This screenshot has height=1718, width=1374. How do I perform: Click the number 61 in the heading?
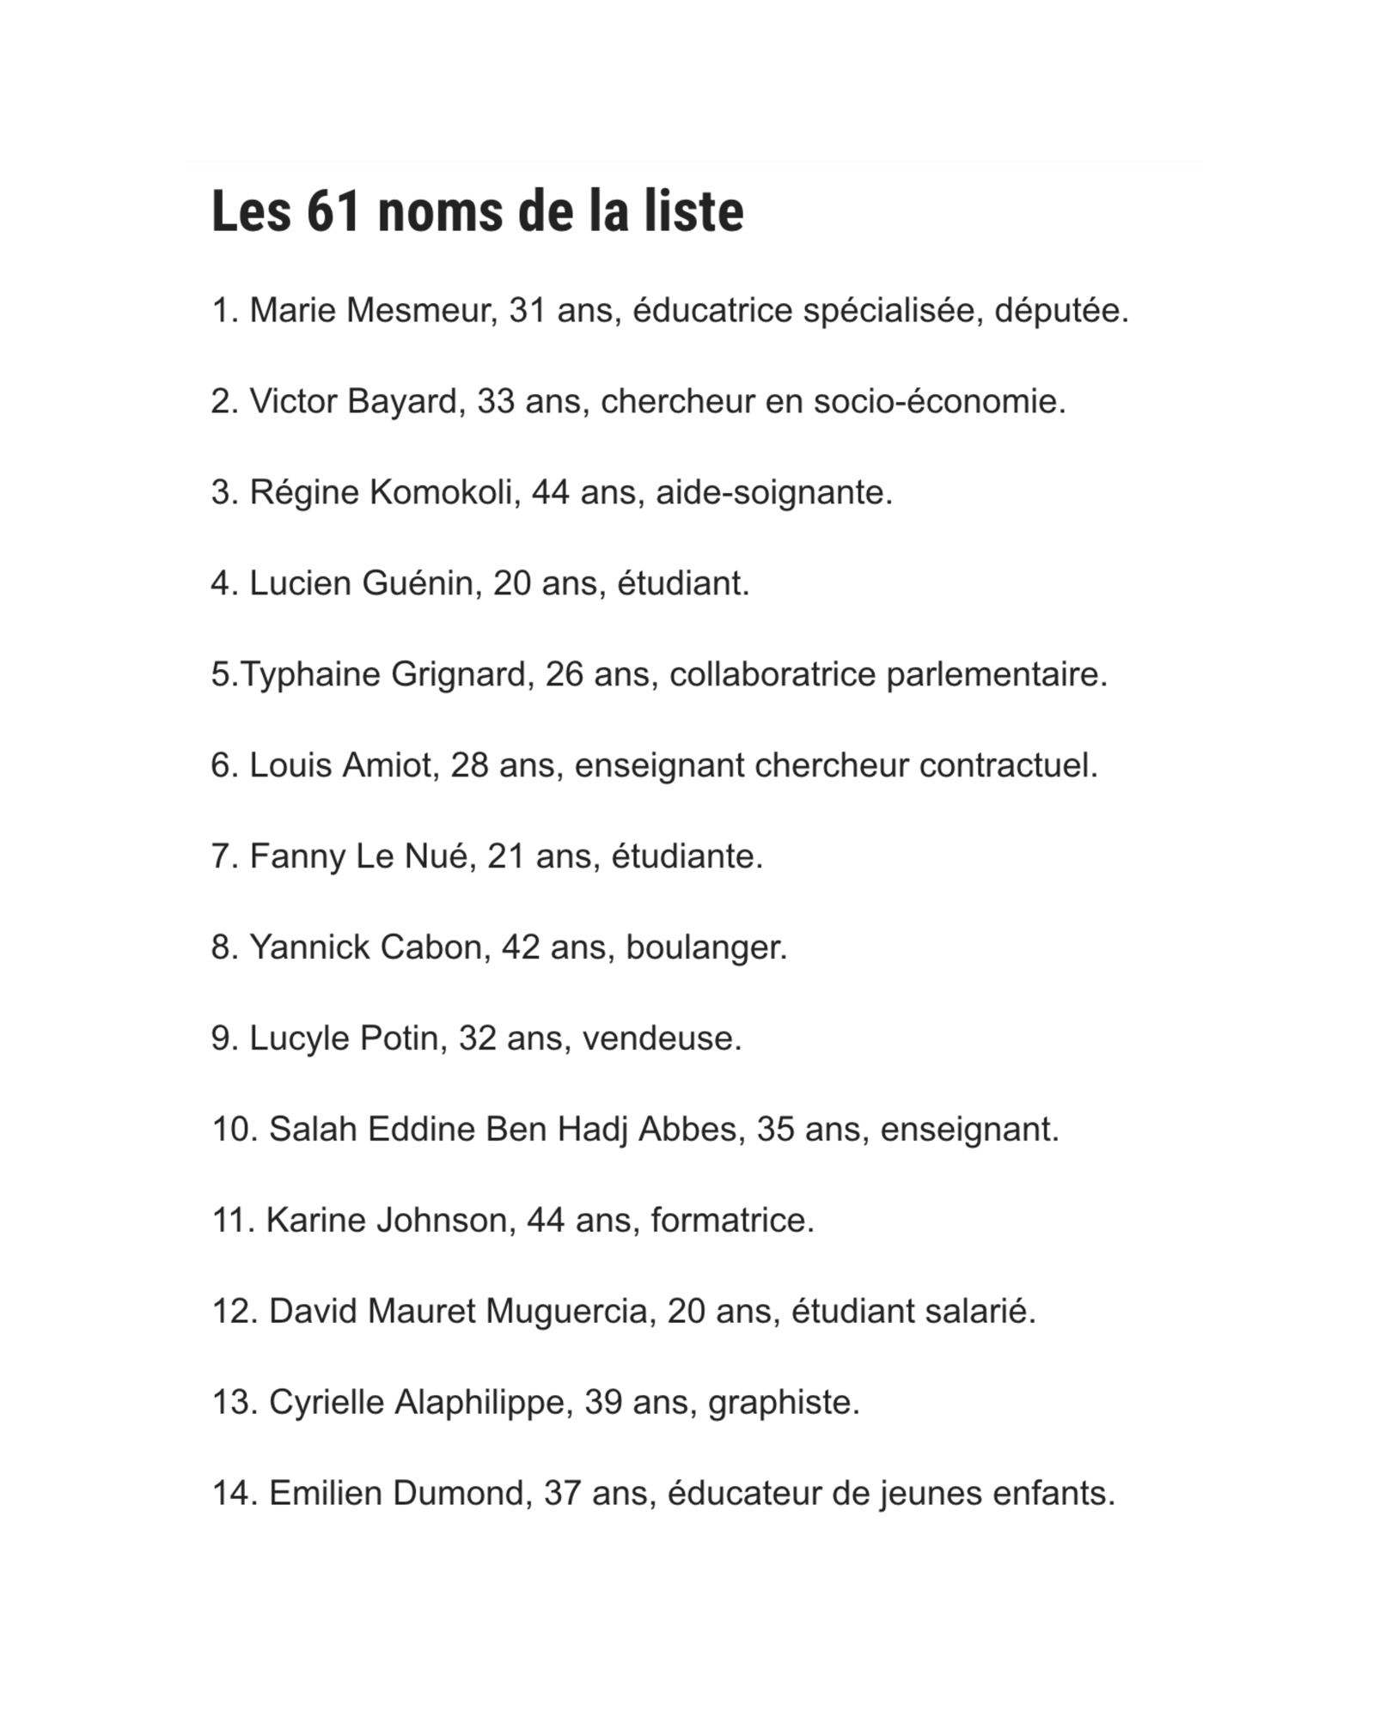(331, 211)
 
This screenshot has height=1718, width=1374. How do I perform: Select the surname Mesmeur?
(416, 311)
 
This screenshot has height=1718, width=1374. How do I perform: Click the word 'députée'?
(1060, 311)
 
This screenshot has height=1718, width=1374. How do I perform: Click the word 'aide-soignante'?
(773, 493)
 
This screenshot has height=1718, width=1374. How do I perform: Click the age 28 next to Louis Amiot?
(469, 766)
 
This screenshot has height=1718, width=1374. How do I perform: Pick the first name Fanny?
(296, 857)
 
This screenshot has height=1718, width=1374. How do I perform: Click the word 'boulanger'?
(705, 948)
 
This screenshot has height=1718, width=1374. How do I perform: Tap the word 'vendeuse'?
(661, 1039)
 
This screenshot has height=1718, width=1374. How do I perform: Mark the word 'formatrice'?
(731, 1221)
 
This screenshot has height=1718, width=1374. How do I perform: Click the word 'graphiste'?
(783, 1403)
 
